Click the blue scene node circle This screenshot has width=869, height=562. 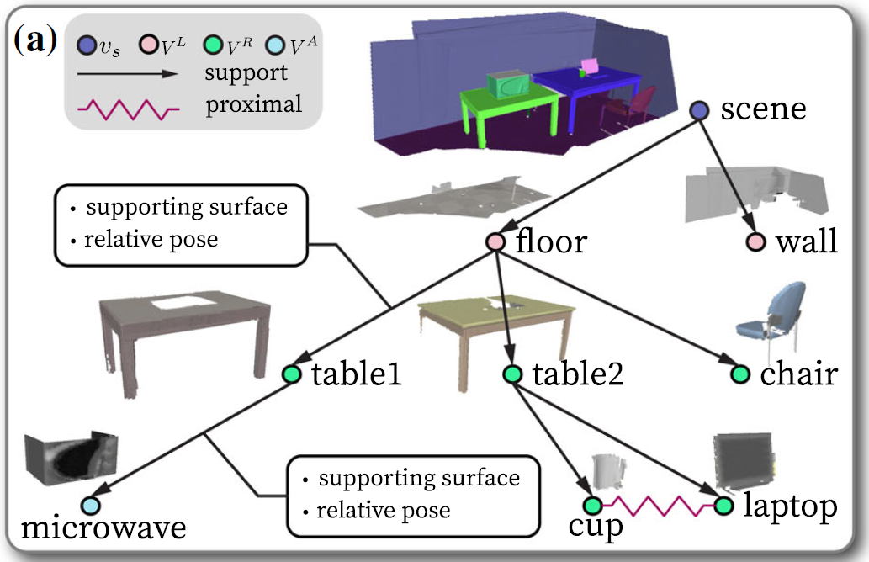[700, 110]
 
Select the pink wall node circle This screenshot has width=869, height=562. [755, 243]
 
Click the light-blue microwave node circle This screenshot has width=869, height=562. [91, 506]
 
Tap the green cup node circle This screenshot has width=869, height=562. [591, 506]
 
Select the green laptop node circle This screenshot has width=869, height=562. [723, 506]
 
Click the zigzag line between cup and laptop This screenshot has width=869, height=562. [657, 506]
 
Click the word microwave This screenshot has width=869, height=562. [102, 531]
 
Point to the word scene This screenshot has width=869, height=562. [764, 109]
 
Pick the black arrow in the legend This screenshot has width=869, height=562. [126, 74]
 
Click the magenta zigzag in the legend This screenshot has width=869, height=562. [126, 110]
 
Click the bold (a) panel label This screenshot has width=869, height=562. [35, 40]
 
